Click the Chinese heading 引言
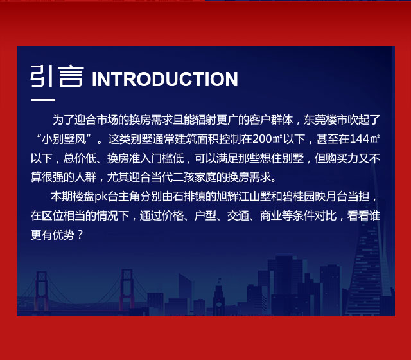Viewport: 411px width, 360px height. coord(57,76)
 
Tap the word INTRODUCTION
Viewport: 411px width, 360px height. coord(165,79)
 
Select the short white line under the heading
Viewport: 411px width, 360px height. coord(43,100)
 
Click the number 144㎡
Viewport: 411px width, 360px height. coord(365,139)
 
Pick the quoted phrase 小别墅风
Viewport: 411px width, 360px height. coord(64,139)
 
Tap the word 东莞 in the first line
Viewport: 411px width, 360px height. coord(315,120)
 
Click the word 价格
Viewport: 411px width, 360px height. coord(173,216)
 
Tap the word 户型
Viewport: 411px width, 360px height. coord(205,216)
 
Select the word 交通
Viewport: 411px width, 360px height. coord(238,216)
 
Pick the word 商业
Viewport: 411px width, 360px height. coord(271,216)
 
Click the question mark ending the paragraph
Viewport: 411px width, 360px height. coord(80,235)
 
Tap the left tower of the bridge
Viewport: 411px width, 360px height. coord(42,291)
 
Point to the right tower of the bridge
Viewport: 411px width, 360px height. coord(127,290)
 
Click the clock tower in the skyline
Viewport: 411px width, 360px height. coord(218,298)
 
